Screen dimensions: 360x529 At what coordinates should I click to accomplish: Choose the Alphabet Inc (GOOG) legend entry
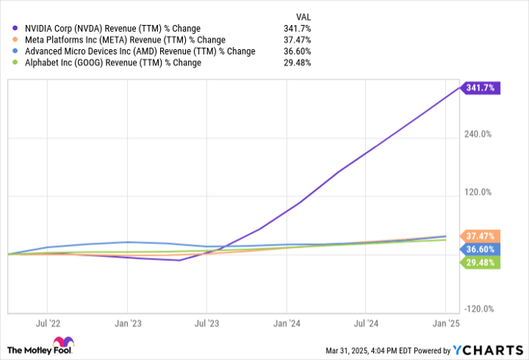(x=110, y=63)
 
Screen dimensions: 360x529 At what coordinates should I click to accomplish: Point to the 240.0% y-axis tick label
(x=478, y=135)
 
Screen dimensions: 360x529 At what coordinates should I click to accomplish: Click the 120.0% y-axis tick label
(x=478, y=193)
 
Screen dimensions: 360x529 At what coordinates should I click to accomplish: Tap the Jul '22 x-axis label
(x=48, y=322)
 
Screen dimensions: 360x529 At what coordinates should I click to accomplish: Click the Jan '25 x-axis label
(x=445, y=322)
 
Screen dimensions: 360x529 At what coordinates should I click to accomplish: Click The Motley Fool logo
(x=42, y=346)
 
